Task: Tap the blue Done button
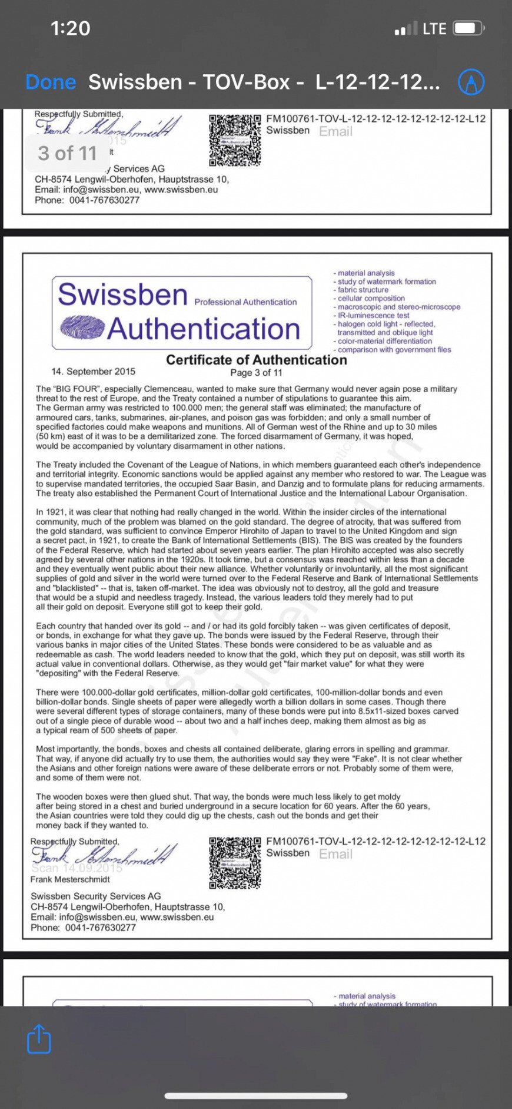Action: (x=51, y=82)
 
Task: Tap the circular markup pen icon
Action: (x=471, y=82)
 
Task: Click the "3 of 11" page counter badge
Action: (x=67, y=153)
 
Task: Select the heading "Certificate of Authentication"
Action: (x=256, y=360)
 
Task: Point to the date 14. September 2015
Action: (x=93, y=372)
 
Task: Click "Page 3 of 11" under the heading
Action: (x=256, y=373)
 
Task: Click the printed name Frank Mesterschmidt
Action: (x=70, y=879)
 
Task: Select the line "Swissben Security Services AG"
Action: (x=95, y=896)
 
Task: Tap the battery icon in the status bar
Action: (x=469, y=28)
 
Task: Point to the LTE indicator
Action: (x=434, y=28)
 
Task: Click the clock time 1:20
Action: (x=71, y=28)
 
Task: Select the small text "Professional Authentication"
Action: (x=245, y=302)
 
